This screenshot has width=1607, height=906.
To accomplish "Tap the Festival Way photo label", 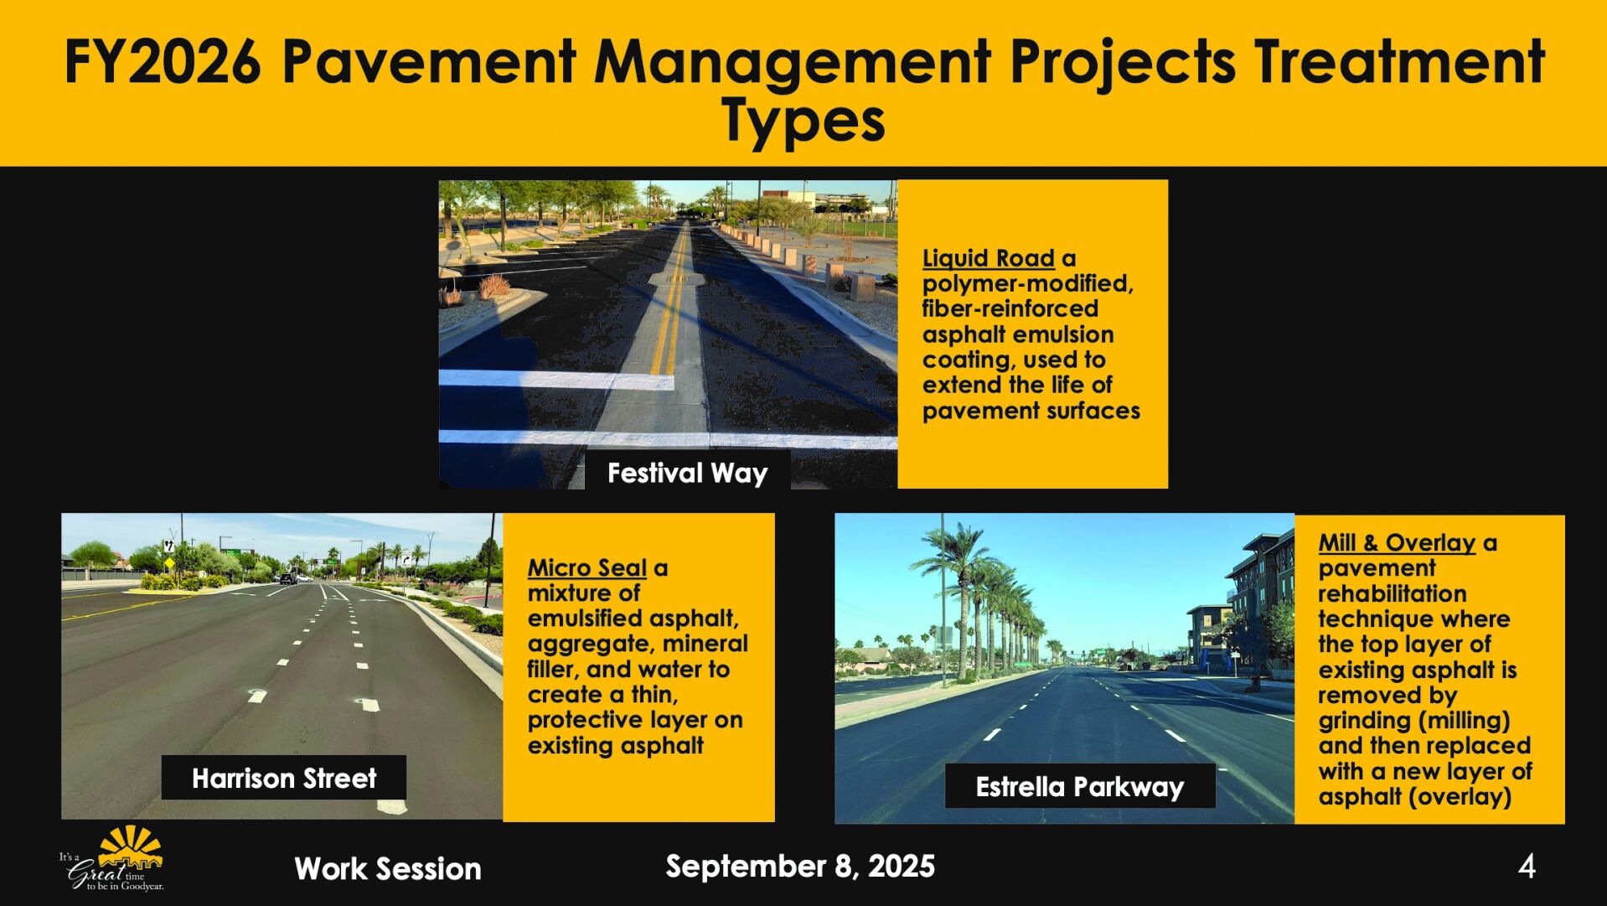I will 687,473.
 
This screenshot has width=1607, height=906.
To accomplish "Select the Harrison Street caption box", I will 284,778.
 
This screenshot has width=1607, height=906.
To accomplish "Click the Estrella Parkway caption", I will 1079,786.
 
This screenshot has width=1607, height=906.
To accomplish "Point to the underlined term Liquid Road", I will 988,258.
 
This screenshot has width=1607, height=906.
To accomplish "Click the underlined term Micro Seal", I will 586,568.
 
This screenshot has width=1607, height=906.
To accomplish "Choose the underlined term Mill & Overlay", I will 1396,543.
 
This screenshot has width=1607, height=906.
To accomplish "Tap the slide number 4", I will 1527,867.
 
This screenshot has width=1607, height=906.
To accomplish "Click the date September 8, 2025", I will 800,866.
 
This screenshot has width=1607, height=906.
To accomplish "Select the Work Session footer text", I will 388,869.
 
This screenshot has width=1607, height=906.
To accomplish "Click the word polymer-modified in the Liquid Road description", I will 1027,284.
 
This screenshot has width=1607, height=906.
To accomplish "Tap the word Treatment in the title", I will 1398,62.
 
